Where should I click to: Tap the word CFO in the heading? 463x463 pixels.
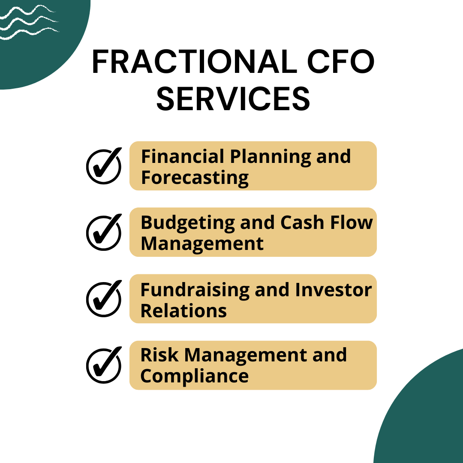point(343,63)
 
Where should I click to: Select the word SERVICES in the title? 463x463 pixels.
point(233,99)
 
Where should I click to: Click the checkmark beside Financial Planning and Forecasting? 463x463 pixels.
point(104,166)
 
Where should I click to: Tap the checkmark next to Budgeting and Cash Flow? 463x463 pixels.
point(104,232)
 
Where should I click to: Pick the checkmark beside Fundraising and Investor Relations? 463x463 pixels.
point(104,299)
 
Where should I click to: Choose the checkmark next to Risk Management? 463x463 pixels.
point(104,365)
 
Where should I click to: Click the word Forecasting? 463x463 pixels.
point(195,177)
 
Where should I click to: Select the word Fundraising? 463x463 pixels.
point(194,290)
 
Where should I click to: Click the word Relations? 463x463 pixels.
point(183,310)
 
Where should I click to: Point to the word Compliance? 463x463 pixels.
point(194,376)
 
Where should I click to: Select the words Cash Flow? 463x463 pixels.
point(327,223)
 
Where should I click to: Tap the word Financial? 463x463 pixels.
point(183,156)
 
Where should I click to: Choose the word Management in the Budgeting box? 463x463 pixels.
point(202,244)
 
